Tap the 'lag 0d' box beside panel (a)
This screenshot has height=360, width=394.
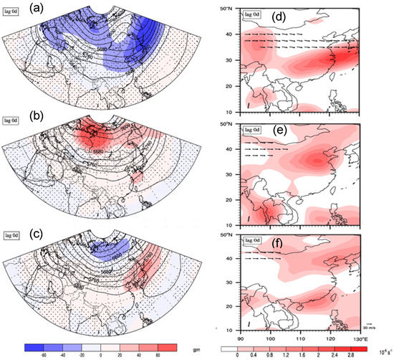[11, 9]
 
